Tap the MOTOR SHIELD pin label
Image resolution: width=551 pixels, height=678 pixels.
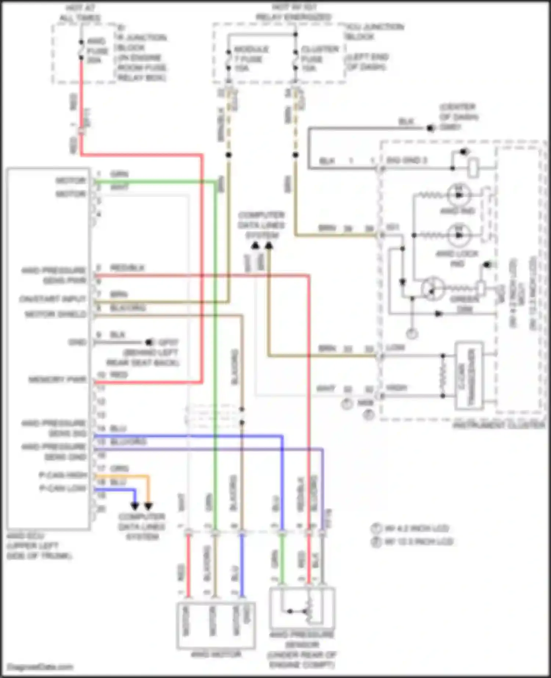[x=55, y=314]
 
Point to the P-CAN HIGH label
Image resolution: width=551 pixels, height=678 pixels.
[x=63, y=475]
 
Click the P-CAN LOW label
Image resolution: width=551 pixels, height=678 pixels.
[x=63, y=488]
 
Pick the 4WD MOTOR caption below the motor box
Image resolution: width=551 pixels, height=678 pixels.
[x=216, y=654]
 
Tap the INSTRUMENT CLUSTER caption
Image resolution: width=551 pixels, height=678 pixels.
[x=498, y=425]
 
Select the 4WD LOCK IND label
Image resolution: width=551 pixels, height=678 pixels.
[x=457, y=258]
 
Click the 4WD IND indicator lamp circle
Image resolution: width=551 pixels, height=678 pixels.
[x=459, y=195]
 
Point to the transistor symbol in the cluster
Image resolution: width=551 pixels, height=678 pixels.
[x=432, y=289]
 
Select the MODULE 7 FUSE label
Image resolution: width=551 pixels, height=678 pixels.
[x=251, y=58]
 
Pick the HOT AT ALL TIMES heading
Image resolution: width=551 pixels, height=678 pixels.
[x=80, y=13]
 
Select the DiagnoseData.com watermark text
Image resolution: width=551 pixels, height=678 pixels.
[x=40, y=667]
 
